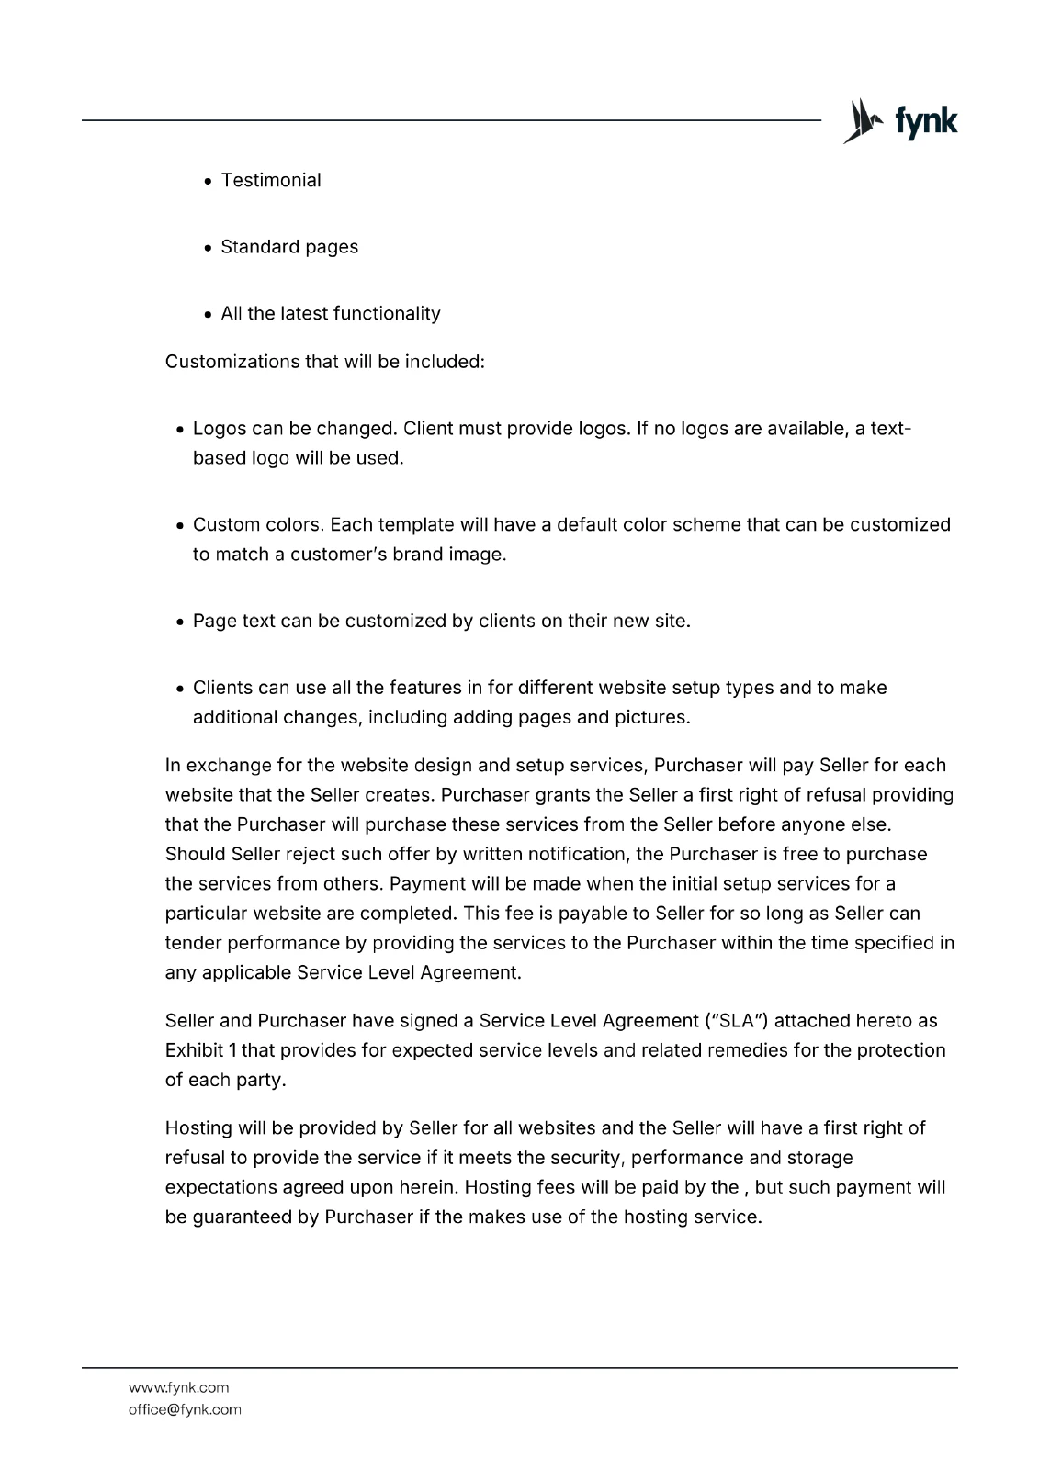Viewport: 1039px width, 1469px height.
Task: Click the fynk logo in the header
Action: coord(900,121)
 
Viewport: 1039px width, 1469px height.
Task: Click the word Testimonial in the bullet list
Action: coord(271,180)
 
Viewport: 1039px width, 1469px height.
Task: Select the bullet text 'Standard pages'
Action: coord(289,247)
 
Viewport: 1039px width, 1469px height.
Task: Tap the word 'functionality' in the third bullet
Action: coord(387,314)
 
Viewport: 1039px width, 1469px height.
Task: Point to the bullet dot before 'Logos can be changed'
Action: coord(180,430)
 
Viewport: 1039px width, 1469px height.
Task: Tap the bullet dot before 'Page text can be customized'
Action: coord(180,622)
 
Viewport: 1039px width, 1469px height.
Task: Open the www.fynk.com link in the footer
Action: coord(178,1387)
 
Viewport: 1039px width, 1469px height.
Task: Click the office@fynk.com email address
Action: coord(185,1409)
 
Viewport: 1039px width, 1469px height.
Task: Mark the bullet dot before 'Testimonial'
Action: coord(209,181)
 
